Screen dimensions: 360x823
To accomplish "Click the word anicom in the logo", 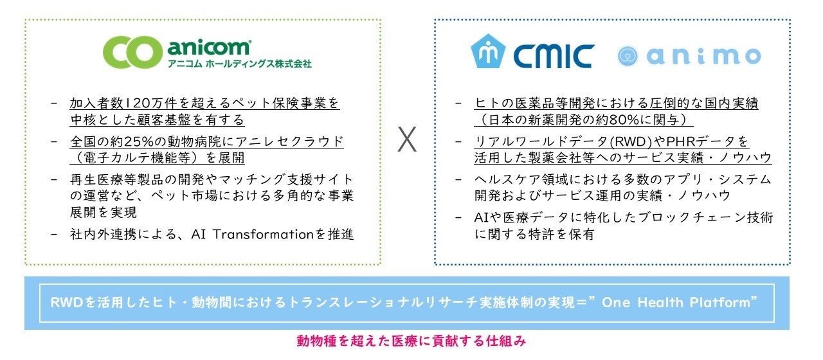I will coord(208,48).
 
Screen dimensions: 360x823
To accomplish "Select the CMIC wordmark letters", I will coord(553,56).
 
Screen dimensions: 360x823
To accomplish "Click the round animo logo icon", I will coord(627,57).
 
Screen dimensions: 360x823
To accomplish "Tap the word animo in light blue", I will coord(703,56).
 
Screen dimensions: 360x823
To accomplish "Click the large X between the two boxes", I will coord(406,139).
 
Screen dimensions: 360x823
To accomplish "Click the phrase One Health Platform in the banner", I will coord(681,303).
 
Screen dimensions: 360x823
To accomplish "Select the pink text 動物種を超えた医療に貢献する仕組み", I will coord(411,341).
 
